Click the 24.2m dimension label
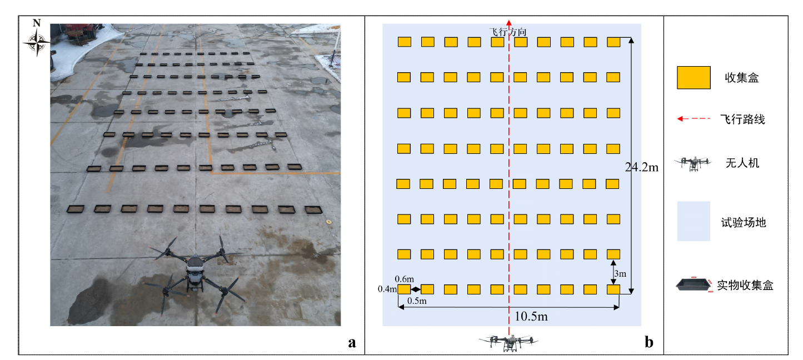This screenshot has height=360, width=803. [x=641, y=167]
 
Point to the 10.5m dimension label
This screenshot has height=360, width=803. [x=532, y=317]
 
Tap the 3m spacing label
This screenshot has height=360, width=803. [x=620, y=274]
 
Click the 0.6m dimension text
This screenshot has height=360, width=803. [x=404, y=279]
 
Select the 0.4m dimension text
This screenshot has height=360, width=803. [x=387, y=289]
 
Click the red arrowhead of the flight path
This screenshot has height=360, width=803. [x=509, y=22]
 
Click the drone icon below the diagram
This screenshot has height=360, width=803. [x=509, y=342]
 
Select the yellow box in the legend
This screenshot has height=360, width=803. [x=694, y=78]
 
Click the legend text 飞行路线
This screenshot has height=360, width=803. [x=742, y=119]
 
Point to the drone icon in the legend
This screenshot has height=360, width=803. [x=693, y=163]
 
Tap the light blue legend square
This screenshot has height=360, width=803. [x=694, y=221]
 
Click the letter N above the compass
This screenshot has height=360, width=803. [x=37, y=23]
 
